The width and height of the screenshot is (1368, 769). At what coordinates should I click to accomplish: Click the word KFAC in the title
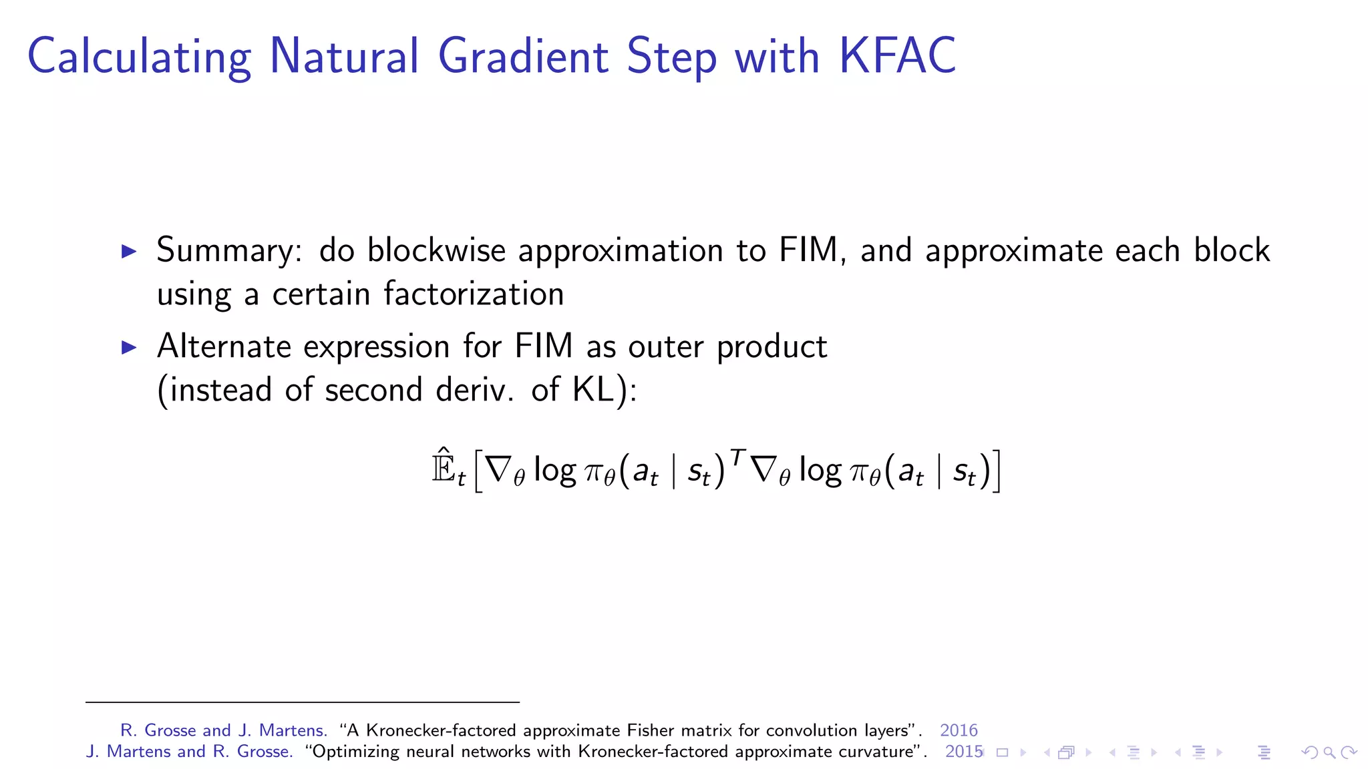[897, 56]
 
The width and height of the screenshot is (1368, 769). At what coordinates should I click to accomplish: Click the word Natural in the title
[343, 56]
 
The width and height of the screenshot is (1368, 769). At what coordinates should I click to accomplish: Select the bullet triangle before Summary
[129, 252]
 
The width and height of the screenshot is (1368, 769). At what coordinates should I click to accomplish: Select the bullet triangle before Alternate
[129, 347]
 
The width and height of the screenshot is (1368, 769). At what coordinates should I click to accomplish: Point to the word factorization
[474, 294]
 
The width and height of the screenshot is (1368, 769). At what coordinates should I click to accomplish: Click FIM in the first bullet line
[809, 250]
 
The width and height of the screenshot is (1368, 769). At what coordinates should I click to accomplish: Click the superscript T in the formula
[737, 457]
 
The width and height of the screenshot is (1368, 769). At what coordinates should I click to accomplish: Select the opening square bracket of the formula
[478, 471]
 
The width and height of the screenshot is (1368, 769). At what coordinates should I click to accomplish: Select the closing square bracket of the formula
[996, 471]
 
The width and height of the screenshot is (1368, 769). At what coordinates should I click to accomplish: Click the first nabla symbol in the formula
[498, 469]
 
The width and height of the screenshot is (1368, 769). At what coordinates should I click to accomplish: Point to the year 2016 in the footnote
[958, 730]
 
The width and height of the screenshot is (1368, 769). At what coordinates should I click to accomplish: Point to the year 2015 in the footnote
[963, 752]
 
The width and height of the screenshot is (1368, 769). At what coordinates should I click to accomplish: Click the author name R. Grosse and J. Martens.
[223, 730]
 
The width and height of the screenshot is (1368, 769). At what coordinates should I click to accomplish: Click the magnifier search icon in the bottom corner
[1329, 753]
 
